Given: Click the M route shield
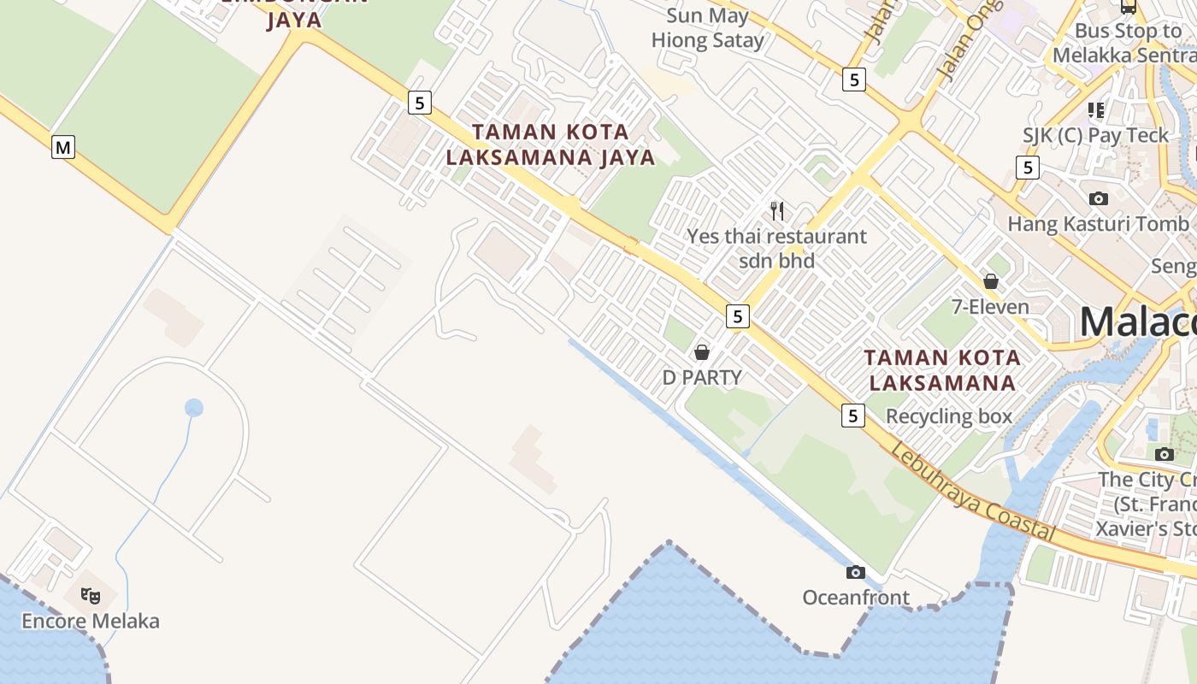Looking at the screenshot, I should coord(63,147).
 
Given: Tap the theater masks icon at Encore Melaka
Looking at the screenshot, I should coord(90,595).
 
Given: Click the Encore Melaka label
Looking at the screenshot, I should coord(91,621).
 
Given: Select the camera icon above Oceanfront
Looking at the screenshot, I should coord(855,572).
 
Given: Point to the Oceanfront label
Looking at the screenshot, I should coord(856,597).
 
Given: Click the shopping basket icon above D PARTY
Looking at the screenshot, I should coord(702,352).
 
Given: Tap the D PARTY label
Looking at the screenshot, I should coord(702,377).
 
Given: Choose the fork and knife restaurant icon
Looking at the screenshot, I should coord(777,210).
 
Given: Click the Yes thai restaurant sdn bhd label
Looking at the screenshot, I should coord(777,248).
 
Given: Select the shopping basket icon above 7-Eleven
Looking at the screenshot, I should coord(991,280).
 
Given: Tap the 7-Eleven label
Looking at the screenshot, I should coord(990,306).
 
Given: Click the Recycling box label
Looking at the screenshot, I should coord(949,416).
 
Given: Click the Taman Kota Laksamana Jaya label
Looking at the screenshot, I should coord(551,144).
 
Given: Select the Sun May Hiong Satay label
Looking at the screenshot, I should coord(708,28).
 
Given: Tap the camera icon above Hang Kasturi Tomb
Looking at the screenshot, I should coord(1099,198).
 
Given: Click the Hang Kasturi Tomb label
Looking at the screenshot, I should coord(1098,224).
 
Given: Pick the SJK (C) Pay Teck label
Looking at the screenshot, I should coord(1095,135).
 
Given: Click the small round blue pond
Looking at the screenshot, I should coord(194,408).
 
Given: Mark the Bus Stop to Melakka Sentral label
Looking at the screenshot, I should coord(1124,43).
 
